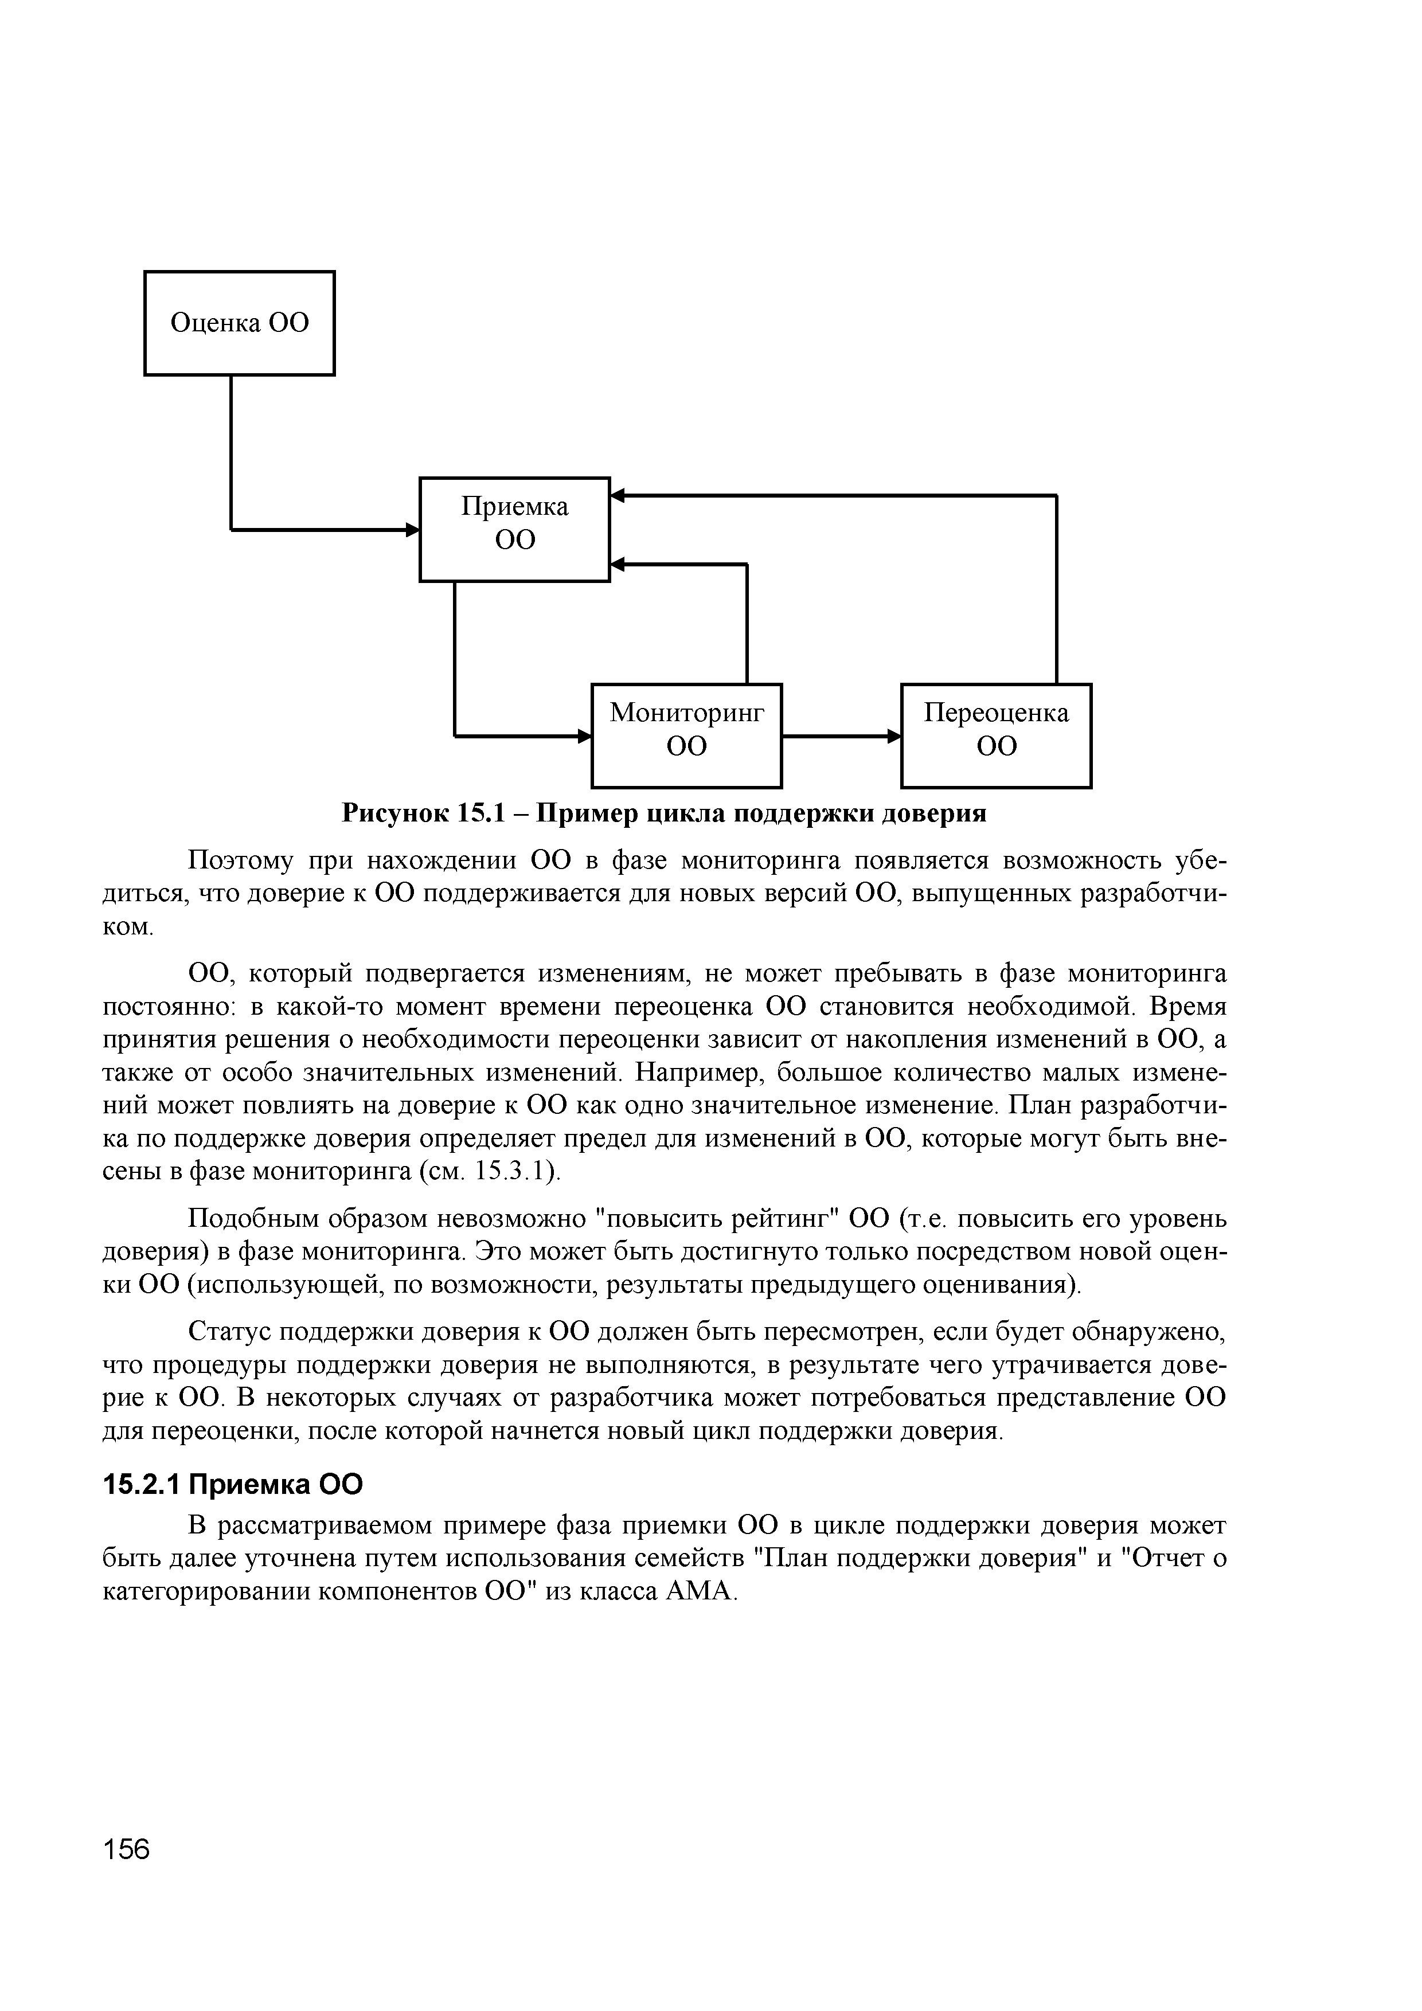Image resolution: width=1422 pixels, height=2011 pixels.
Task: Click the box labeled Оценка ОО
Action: click(x=239, y=323)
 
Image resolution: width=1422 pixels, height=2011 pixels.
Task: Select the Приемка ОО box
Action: click(x=514, y=529)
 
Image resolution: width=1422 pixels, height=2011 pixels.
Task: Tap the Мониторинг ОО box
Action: click(x=687, y=735)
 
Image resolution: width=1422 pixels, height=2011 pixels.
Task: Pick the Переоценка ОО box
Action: click(x=996, y=735)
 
